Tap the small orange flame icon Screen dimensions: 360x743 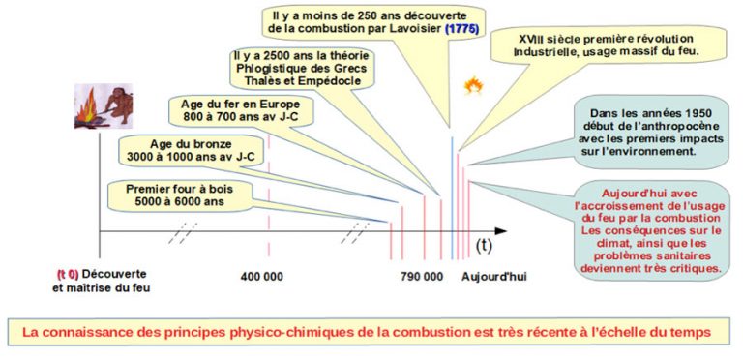point(474,88)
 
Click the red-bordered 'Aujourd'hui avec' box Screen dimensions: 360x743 point(649,228)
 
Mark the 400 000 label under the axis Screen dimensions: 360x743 point(261,277)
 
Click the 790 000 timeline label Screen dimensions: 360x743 point(421,277)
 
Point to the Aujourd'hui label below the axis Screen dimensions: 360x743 point(493,277)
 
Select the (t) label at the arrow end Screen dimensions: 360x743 point(483,247)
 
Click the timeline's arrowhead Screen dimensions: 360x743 point(500,231)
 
